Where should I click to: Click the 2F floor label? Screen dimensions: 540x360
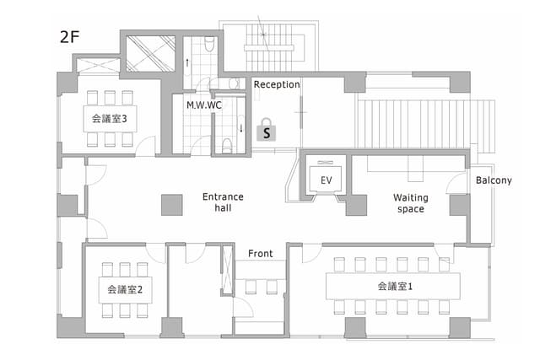point(69,37)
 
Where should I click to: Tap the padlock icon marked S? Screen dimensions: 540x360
point(267,130)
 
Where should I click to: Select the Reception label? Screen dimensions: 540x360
point(277,84)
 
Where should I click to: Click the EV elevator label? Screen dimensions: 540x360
point(327,180)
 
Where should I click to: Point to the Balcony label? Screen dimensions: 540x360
point(494,180)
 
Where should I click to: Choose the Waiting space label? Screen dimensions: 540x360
point(411,203)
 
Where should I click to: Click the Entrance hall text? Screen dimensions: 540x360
point(223,202)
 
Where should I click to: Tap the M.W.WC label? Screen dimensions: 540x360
point(204,105)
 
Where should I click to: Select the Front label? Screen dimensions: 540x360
point(261,254)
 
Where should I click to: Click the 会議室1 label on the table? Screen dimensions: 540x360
point(395,286)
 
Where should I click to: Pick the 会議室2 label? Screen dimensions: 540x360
point(125,289)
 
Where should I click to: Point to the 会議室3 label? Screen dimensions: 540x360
point(109,119)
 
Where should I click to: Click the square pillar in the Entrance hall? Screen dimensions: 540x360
point(172,205)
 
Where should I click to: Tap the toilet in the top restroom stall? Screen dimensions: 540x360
point(209,44)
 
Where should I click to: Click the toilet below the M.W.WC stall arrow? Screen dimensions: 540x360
point(227,145)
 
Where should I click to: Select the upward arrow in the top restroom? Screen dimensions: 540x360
point(187,62)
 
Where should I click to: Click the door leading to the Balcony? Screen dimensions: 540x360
point(456,181)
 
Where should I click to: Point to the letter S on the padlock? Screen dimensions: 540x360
point(267,133)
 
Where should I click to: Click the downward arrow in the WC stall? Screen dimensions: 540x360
point(241,128)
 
